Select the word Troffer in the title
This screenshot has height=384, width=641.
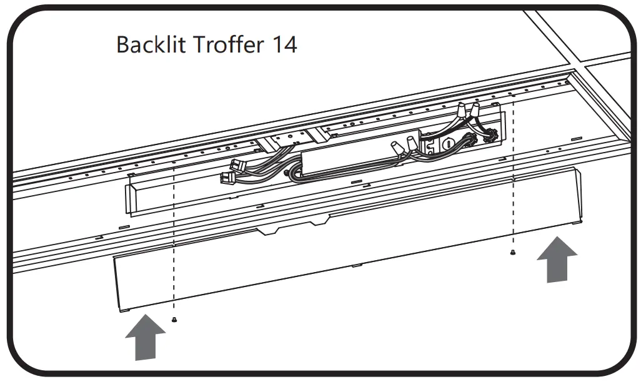click(222, 44)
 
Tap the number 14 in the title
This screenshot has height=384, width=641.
click(283, 44)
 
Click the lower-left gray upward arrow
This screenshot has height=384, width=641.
click(145, 337)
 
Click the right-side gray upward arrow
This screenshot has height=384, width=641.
click(557, 258)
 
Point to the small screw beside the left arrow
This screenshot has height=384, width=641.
click(174, 319)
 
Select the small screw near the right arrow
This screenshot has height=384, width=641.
click(513, 253)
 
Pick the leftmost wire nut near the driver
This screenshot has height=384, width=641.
click(397, 148)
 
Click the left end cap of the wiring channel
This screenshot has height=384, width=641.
click(132, 198)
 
